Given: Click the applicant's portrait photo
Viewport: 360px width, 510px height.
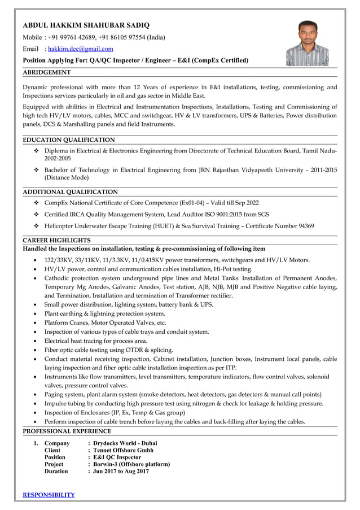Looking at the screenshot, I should point(307,43).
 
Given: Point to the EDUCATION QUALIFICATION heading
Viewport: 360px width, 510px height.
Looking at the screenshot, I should point(68,140).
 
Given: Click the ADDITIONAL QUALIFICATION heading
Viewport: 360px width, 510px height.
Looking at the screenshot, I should point(70,192).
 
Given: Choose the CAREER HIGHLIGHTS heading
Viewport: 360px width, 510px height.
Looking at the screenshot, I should point(56,240).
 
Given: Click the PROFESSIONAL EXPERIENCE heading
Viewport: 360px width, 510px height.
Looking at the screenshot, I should point(67,431).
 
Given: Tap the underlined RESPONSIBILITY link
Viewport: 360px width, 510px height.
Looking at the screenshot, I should point(49,495).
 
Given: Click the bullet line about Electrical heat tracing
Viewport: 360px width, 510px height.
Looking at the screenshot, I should point(96,341).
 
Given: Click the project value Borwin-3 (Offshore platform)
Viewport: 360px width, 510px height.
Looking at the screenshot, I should point(131,464).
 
